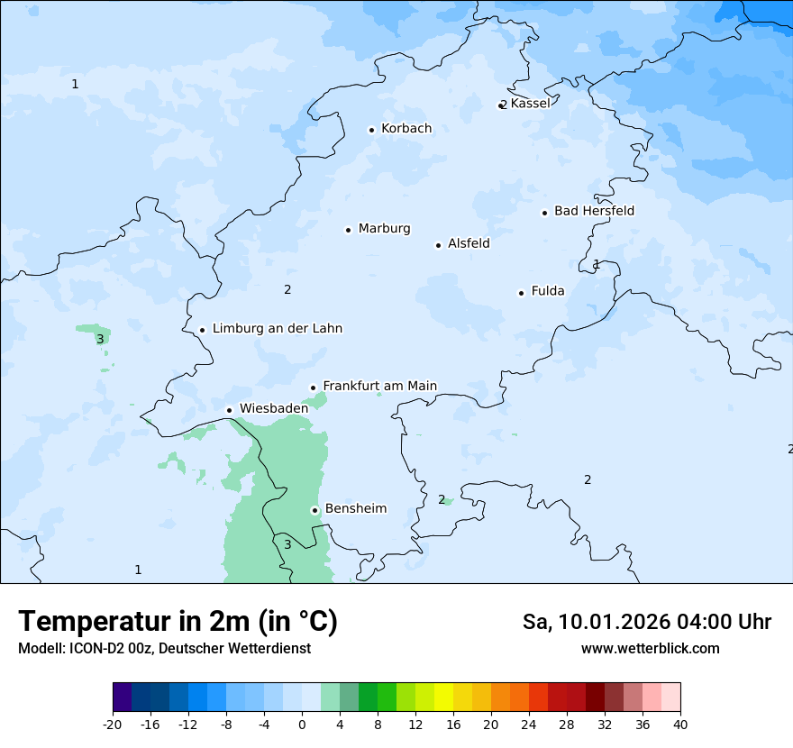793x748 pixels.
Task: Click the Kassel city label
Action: (x=530, y=104)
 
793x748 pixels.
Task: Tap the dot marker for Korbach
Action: (x=371, y=130)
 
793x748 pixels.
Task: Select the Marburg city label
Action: (x=384, y=229)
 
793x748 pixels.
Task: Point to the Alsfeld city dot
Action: (x=439, y=245)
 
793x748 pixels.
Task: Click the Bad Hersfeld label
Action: (x=594, y=211)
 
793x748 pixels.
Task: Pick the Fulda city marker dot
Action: (x=521, y=293)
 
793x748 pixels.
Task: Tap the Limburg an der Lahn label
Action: (x=277, y=329)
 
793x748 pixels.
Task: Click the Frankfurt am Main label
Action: (x=379, y=387)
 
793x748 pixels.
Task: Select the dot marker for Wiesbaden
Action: (x=230, y=410)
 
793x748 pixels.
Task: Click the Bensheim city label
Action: (x=355, y=509)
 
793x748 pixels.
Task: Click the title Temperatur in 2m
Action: (x=178, y=622)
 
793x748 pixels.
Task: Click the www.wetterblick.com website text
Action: (x=650, y=649)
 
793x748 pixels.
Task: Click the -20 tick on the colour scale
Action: (x=113, y=724)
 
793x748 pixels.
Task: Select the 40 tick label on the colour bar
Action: (x=680, y=724)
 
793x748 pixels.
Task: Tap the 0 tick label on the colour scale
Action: (x=302, y=724)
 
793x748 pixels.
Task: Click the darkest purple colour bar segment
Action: (x=122, y=698)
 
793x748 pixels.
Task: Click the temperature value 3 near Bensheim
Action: (x=287, y=544)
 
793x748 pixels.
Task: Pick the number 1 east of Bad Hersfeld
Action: (x=597, y=264)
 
